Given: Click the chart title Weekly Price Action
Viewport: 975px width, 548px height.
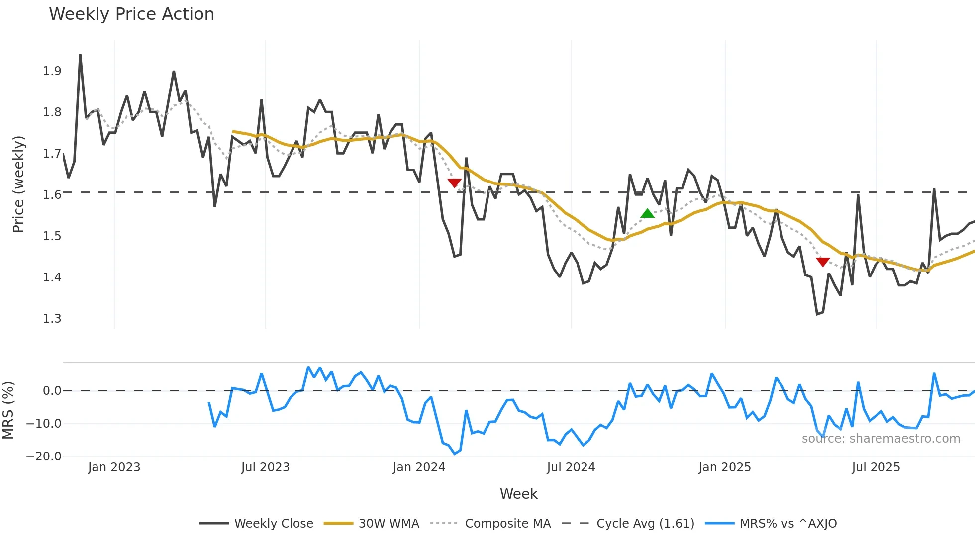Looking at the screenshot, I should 131,14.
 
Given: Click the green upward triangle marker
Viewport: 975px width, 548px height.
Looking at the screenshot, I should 647,214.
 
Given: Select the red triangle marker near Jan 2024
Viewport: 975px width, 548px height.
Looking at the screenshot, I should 454,183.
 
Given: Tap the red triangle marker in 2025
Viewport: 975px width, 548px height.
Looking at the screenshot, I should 823,262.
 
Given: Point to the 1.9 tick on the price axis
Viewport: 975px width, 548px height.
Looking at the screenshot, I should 52,71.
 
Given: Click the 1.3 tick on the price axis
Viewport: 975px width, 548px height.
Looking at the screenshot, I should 52,318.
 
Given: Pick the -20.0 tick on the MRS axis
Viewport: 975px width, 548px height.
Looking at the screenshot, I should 44,457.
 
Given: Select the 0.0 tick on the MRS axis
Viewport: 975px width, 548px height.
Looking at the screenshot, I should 52,391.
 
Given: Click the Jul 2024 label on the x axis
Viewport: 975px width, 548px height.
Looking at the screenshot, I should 571,467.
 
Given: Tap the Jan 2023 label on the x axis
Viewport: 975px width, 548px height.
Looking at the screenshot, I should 114,467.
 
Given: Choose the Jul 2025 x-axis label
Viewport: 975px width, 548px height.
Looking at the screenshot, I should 876,467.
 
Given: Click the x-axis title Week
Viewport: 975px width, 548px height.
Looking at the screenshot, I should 518,494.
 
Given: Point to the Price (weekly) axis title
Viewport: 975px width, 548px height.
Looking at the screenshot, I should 18,184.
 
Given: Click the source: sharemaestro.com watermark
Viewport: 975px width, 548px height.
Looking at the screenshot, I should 880,439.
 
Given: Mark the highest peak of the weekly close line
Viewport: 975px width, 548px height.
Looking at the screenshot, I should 80,56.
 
